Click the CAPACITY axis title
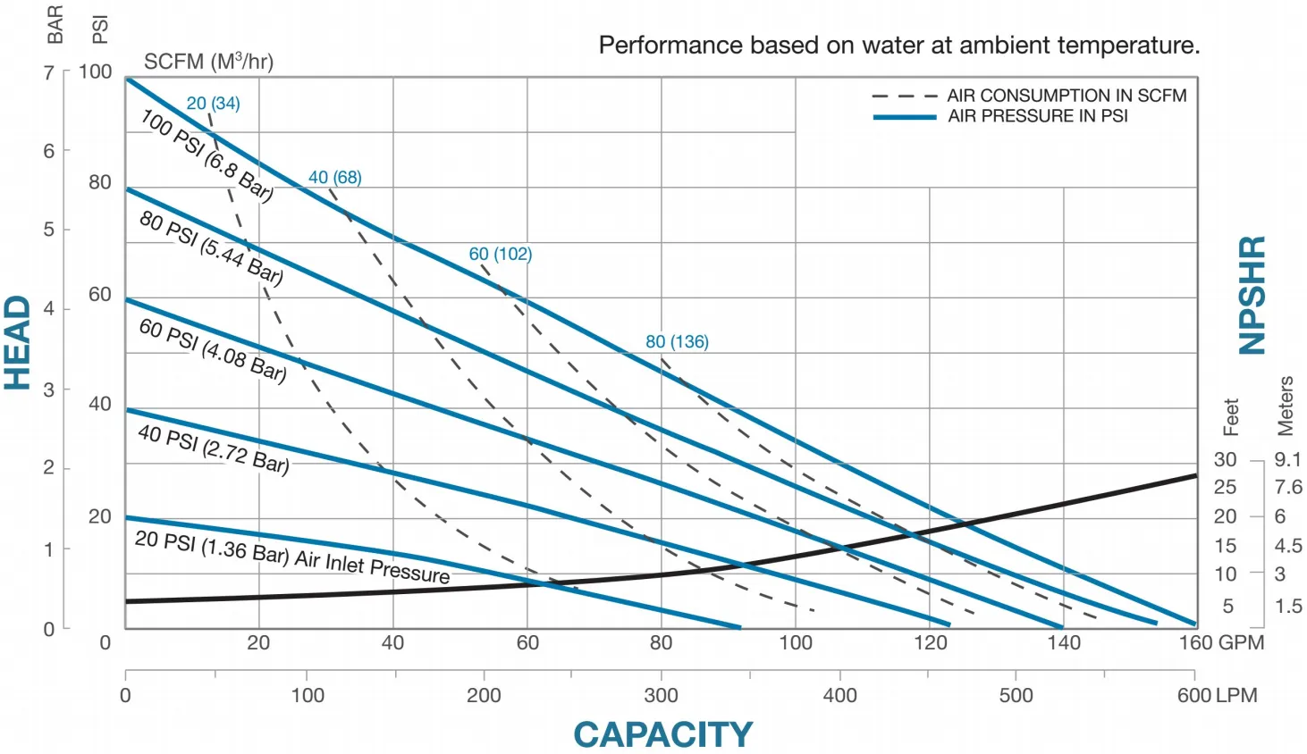pos(662,734)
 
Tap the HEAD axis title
pos(18,343)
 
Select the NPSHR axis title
pos(1252,296)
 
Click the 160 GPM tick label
pos(1220,642)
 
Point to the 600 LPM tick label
pos(1217,695)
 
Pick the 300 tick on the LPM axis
pos(661,695)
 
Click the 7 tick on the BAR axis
pos(49,72)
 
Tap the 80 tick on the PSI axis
pos(100,182)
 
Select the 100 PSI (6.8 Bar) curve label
pos(207,155)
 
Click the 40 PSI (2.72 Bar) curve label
pos(214,448)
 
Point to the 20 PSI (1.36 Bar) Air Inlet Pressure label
pos(292,557)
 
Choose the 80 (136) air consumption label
pos(677,341)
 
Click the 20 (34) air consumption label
pos(213,104)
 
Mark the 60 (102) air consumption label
pos(500,254)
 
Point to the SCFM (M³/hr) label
pos(208,62)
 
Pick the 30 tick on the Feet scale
pos(1225,459)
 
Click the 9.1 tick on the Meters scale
pos(1287,459)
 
